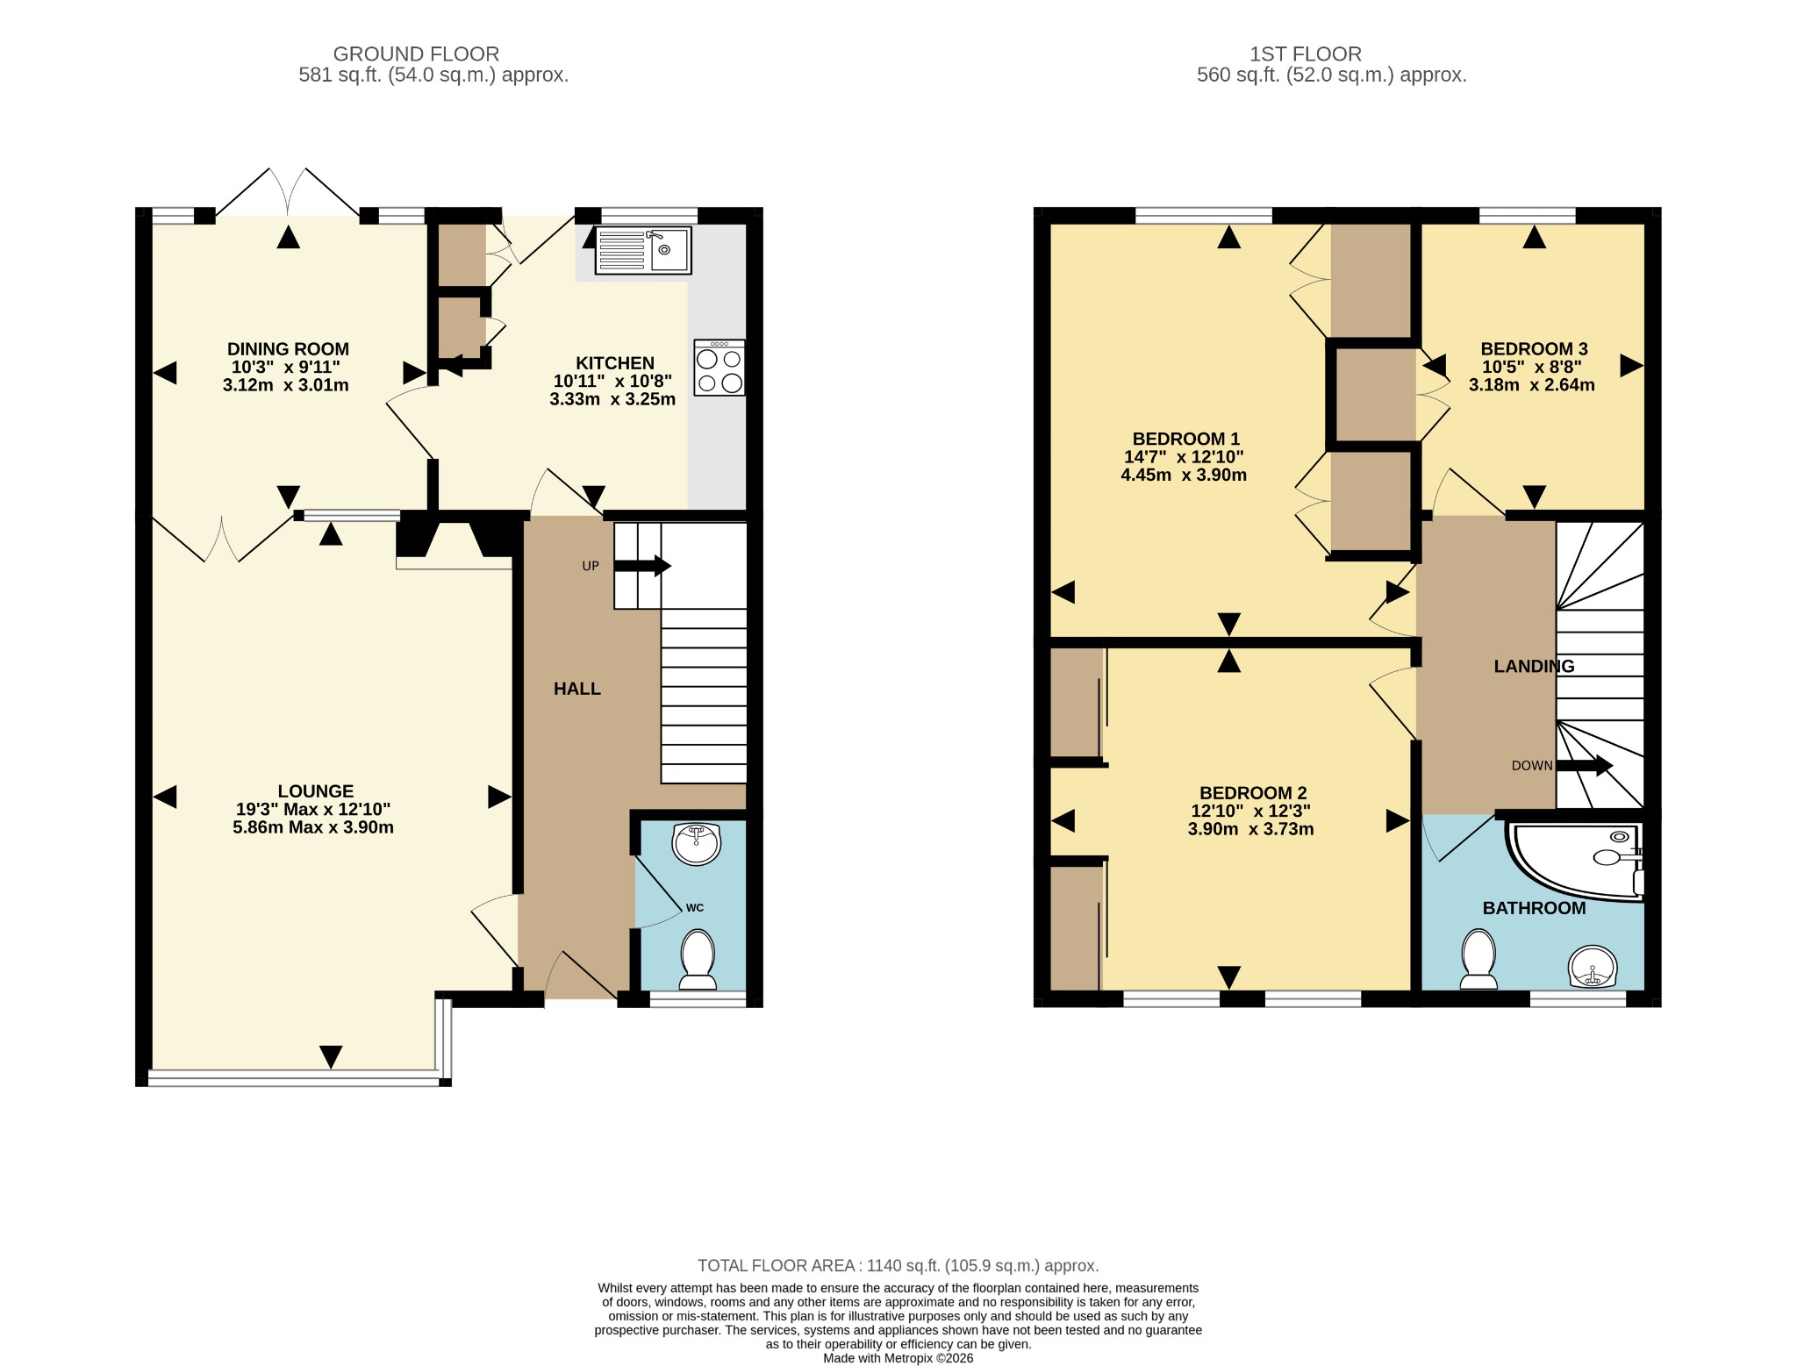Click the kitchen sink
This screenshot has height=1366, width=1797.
click(643, 250)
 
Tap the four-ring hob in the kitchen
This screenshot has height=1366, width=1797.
click(720, 368)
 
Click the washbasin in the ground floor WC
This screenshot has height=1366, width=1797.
click(697, 843)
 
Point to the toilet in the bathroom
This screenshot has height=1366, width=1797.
click(1479, 959)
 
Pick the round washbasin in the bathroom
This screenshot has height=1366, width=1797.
click(1592, 966)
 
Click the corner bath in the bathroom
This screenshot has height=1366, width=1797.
click(1576, 860)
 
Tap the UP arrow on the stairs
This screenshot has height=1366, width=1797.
click(642, 566)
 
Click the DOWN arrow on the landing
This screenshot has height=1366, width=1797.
click(1585, 766)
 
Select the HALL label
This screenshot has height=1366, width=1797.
click(577, 689)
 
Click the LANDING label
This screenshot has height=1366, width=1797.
click(1534, 666)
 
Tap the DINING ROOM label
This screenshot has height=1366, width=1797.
click(288, 349)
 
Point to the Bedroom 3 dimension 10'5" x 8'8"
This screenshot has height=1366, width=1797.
click(1532, 367)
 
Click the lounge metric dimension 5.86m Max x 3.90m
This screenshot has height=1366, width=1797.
click(313, 827)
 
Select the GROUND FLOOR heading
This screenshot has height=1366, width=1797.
click(416, 54)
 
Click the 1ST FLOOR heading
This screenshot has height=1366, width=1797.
click(1306, 54)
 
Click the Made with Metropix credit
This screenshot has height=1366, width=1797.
click(898, 1358)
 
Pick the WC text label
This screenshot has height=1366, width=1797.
click(695, 907)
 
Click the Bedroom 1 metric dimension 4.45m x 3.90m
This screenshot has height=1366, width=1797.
click(1184, 475)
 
